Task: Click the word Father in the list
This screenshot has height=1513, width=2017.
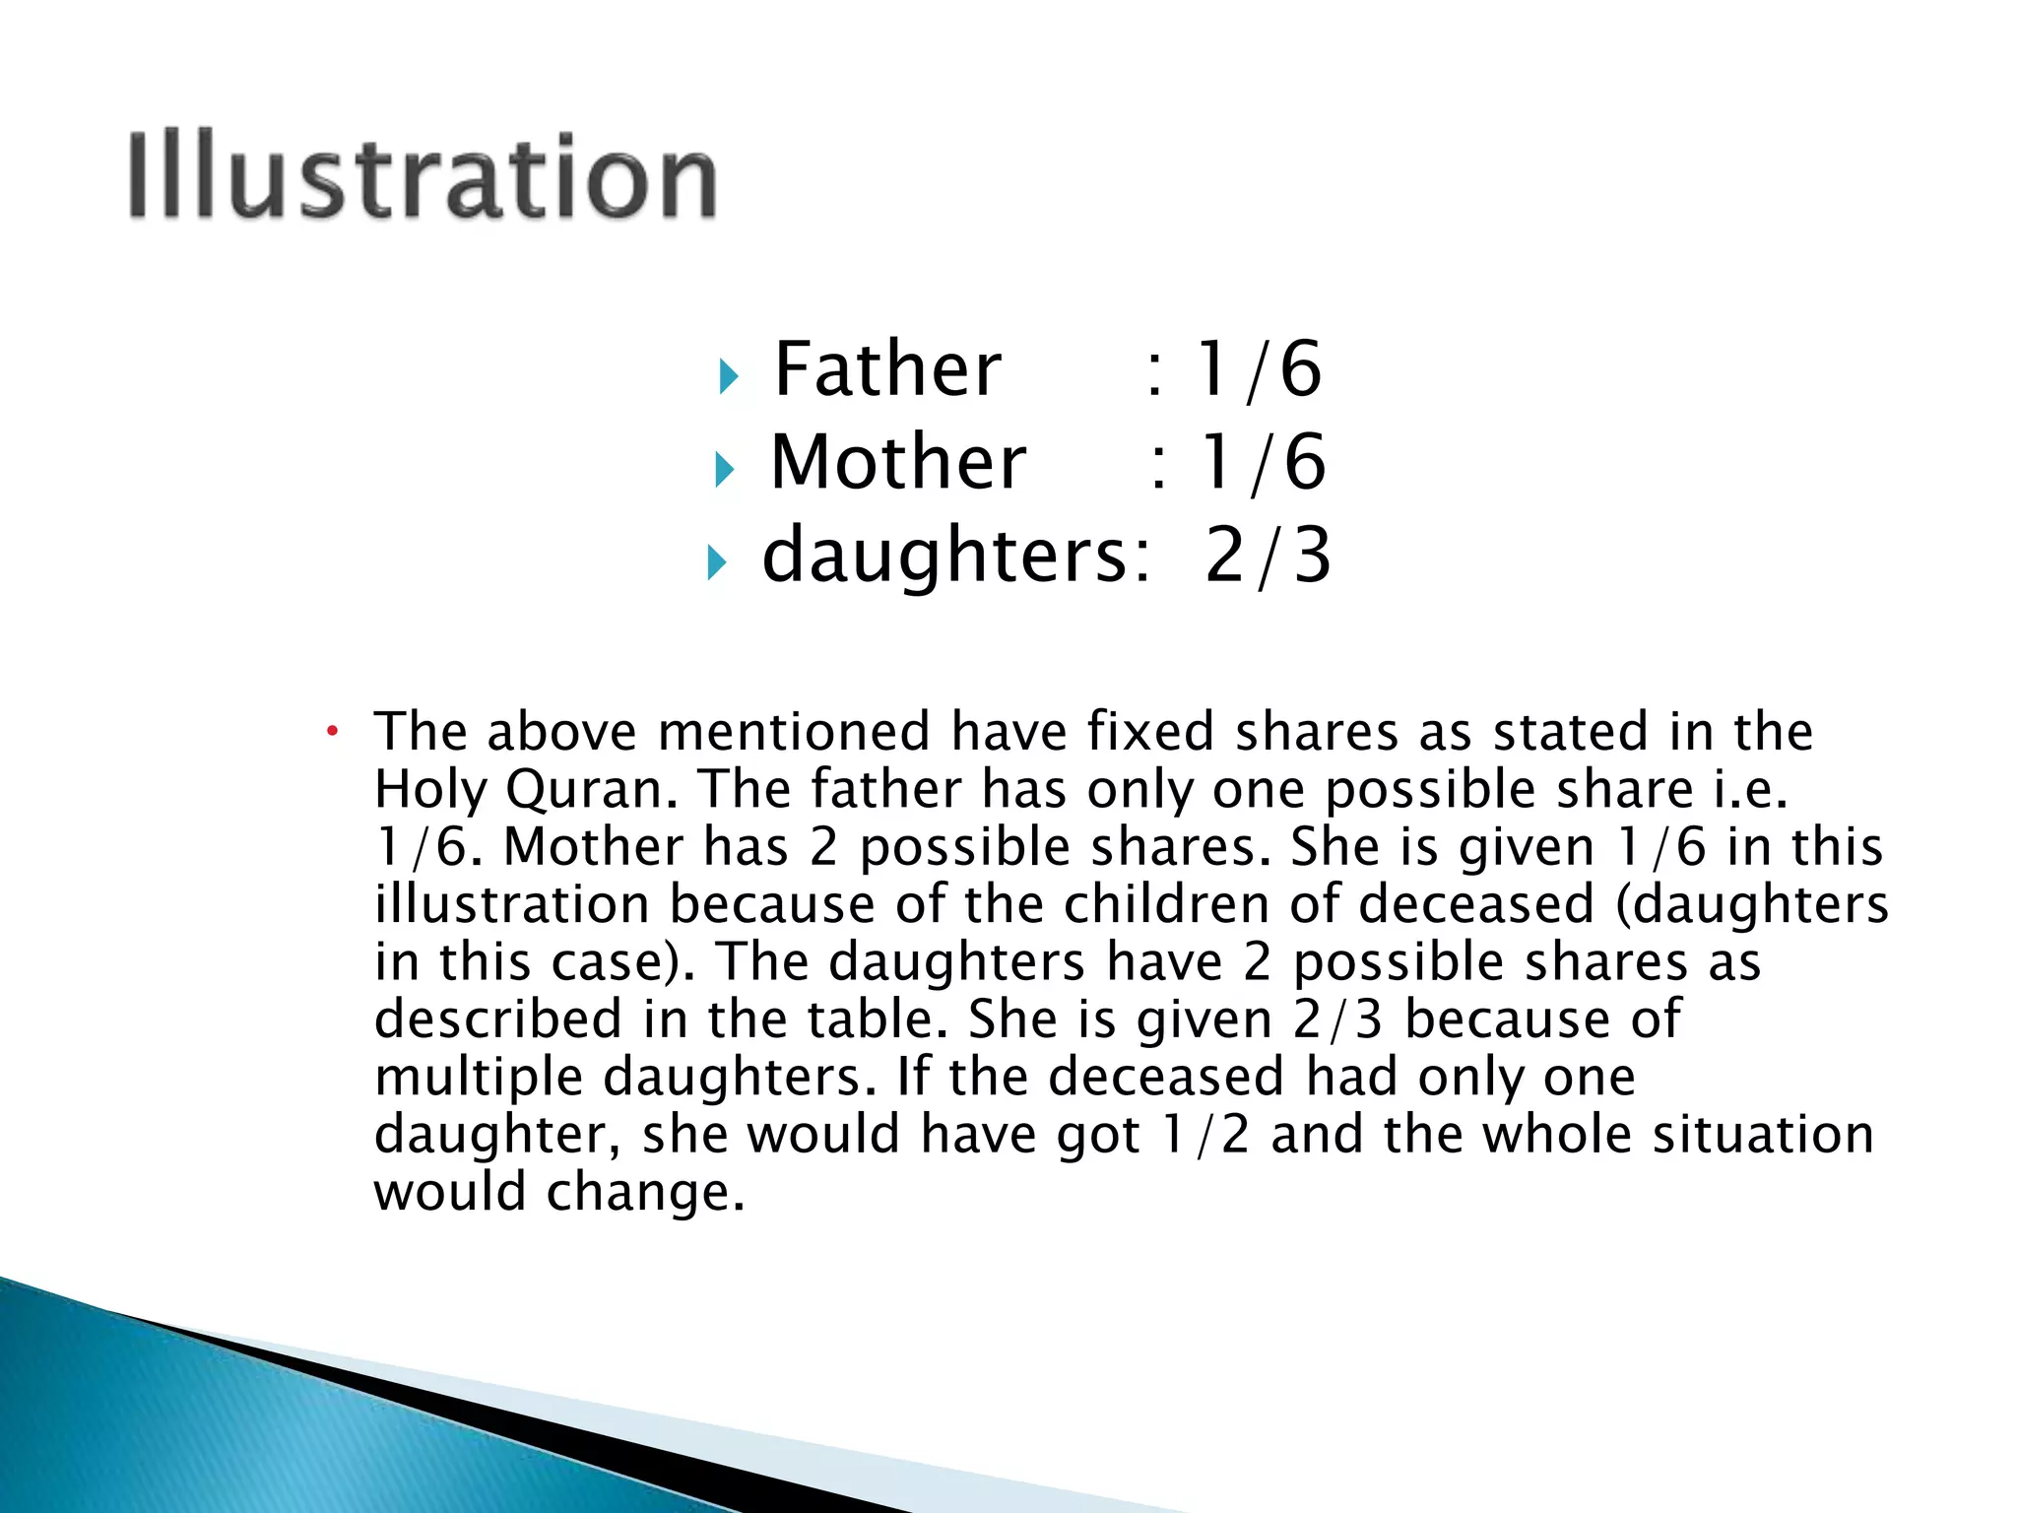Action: coord(887,368)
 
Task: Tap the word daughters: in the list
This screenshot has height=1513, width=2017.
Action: coord(955,555)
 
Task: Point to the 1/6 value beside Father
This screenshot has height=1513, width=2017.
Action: coord(1258,368)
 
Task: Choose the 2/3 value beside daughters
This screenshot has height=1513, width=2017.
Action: coord(1269,555)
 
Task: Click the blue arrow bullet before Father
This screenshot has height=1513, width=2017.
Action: coord(728,375)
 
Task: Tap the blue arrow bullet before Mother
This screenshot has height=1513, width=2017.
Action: coord(724,469)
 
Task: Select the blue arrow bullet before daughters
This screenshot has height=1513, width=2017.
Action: coord(716,562)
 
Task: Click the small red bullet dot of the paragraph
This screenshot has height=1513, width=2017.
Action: coord(333,731)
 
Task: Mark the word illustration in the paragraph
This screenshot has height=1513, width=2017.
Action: coord(512,904)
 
